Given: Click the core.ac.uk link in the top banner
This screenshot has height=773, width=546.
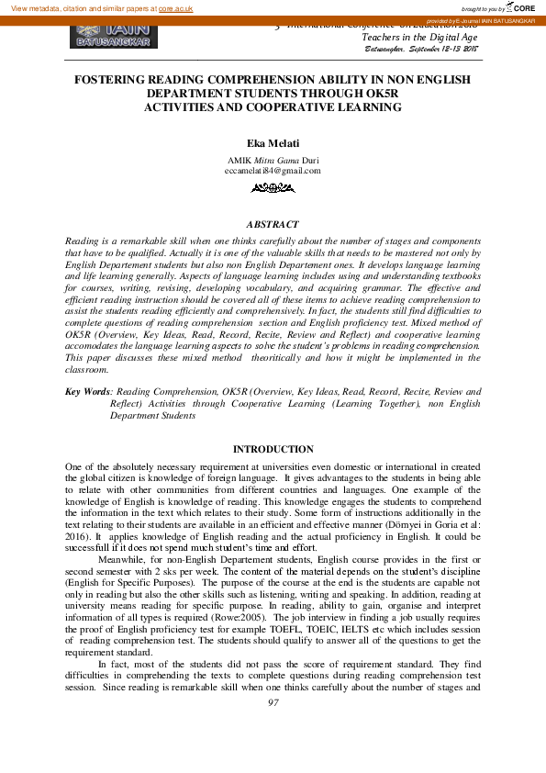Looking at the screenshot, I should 175,7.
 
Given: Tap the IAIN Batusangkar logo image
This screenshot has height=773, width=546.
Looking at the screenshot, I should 114,36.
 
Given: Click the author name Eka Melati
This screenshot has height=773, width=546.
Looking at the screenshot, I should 273,144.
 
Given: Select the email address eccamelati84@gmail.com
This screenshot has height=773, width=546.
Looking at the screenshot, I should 273,171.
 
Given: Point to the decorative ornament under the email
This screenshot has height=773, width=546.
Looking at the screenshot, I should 273,187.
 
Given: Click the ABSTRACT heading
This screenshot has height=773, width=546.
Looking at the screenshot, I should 273,224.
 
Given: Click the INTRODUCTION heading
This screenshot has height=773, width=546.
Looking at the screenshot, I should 273,449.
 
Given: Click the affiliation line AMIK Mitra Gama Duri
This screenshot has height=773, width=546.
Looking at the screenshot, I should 273,159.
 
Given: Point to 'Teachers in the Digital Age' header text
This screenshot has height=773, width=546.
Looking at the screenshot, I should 419,37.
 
